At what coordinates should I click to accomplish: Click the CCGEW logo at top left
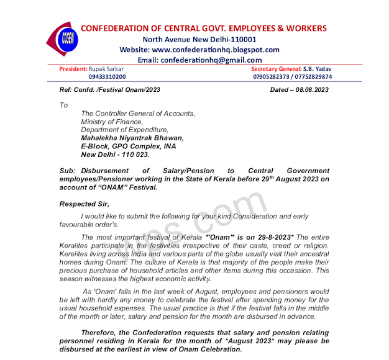[64, 41]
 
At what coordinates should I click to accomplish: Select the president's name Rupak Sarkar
[106, 69]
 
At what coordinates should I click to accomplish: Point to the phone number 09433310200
[107, 77]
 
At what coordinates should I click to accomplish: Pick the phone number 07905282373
[273, 77]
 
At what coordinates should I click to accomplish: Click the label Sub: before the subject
[67, 171]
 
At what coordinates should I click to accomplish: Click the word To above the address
[63, 106]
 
